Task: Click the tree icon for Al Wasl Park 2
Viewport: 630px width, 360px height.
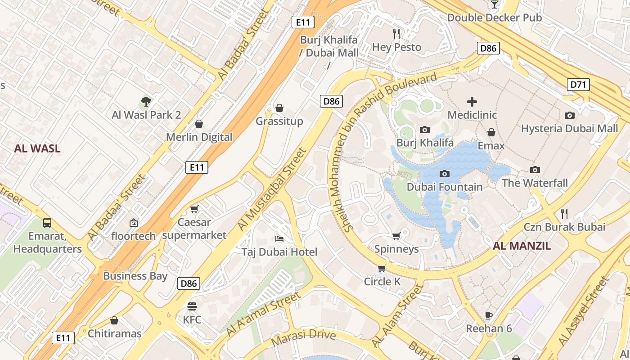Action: pyautogui.click(x=146, y=102)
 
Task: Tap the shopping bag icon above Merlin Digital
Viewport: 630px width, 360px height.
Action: pyautogui.click(x=199, y=124)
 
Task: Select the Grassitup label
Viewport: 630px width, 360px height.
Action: pyautogui.click(x=279, y=121)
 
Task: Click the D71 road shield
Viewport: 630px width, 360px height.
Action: pyautogui.click(x=578, y=84)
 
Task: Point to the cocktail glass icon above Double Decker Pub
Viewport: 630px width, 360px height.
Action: pyautogui.click(x=494, y=4)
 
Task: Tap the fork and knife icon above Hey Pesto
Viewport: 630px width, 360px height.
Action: pyautogui.click(x=396, y=34)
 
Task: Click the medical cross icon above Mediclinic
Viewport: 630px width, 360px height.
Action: pyautogui.click(x=472, y=102)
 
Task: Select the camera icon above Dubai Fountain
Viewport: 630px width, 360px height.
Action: pyautogui.click(x=444, y=174)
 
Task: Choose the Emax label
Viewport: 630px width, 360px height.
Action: pyautogui.click(x=491, y=146)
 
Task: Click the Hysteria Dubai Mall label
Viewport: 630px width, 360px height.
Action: pyautogui.click(x=569, y=129)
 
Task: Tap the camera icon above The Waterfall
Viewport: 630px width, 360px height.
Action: pyautogui.click(x=535, y=170)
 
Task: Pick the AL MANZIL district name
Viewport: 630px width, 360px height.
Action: pyautogui.click(x=522, y=246)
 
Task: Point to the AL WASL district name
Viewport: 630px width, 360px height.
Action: pyautogui.click(x=37, y=148)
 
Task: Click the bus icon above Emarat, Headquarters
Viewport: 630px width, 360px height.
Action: pyautogui.click(x=47, y=222)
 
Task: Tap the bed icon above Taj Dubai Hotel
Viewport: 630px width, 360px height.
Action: pyautogui.click(x=279, y=238)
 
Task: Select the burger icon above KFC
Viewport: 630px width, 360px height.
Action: pyautogui.click(x=192, y=306)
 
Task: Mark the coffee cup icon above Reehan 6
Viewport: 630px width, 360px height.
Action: pyautogui.click(x=489, y=315)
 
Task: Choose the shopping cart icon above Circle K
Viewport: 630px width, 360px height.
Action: pyautogui.click(x=382, y=269)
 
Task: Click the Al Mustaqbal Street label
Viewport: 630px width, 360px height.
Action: pyautogui.click(x=271, y=189)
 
